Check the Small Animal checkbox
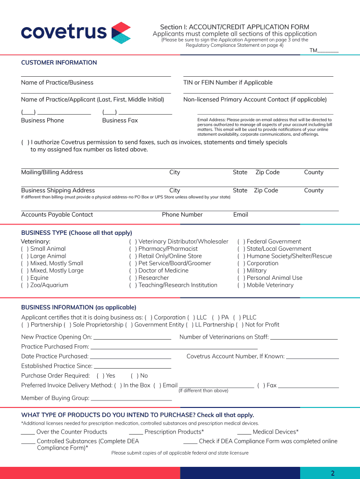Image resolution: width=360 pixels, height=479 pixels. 24,249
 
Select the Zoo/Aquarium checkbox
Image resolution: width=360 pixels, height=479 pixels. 24,285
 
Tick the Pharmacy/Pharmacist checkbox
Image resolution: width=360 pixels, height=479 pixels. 133,249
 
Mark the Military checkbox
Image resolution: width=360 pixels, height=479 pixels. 241,271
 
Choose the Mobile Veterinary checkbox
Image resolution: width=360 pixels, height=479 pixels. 241,285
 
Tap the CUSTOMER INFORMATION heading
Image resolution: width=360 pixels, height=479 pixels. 59,63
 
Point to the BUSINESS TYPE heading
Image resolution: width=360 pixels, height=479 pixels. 77,233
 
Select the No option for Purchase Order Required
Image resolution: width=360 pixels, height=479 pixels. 134,376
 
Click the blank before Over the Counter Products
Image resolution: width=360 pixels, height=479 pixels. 28,433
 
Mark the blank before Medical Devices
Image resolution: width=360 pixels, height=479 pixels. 244,433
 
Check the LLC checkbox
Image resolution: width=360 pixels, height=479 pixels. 191,318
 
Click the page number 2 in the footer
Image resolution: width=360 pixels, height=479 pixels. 332,473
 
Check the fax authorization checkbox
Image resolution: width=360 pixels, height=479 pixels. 24,143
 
